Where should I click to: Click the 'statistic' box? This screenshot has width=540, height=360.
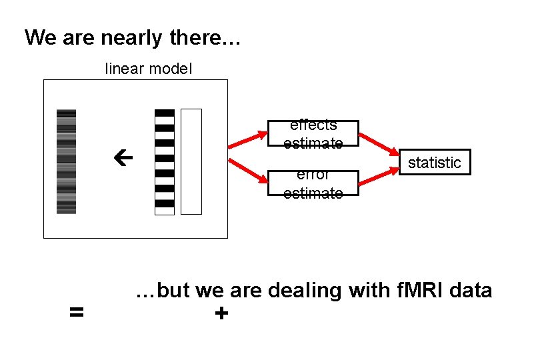(434, 163)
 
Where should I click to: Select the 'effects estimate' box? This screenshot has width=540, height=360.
(313, 133)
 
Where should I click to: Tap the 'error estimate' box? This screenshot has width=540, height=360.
(313, 183)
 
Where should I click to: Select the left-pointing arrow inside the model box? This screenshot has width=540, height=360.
(123, 160)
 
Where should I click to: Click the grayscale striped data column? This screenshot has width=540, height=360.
(66, 161)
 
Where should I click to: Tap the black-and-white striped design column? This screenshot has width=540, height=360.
(164, 161)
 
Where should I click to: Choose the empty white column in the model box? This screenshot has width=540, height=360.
(191, 161)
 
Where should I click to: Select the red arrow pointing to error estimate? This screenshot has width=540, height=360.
(247, 170)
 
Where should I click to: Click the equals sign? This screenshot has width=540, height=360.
(77, 311)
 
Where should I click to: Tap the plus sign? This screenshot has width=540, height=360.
(221, 313)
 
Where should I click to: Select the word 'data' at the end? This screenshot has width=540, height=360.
(471, 291)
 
